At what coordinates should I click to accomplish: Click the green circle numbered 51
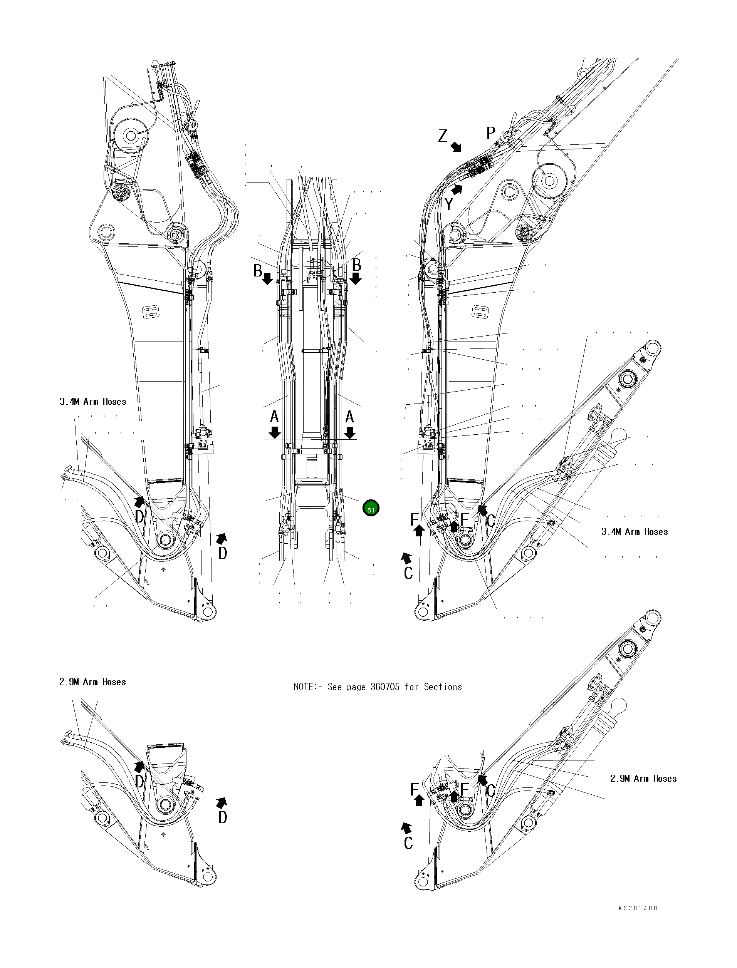pyautogui.click(x=371, y=508)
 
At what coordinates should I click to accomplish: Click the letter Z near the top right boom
pyautogui.click(x=443, y=136)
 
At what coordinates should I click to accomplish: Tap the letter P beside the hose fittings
pyautogui.click(x=490, y=133)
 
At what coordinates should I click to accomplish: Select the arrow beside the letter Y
pyautogui.click(x=457, y=189)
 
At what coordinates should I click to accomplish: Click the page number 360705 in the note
pyautogui.click(x=385, y=687)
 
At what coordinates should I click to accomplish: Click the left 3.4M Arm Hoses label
pyautogui.click(x=93, y=402)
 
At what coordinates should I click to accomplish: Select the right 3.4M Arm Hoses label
pyautogui.click(x=635, y=532)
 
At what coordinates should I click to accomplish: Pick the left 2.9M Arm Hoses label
pyautogui.click(x=92, y=682)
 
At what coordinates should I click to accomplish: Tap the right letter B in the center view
pyautogui.click(x=357, y=265)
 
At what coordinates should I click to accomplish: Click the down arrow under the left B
pyautogui.click(x=268, y=279)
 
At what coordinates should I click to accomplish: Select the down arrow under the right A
pyautogui.click(x=350, y=433)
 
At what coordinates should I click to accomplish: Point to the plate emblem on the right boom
pyautogui.click(x=478, y=312)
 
